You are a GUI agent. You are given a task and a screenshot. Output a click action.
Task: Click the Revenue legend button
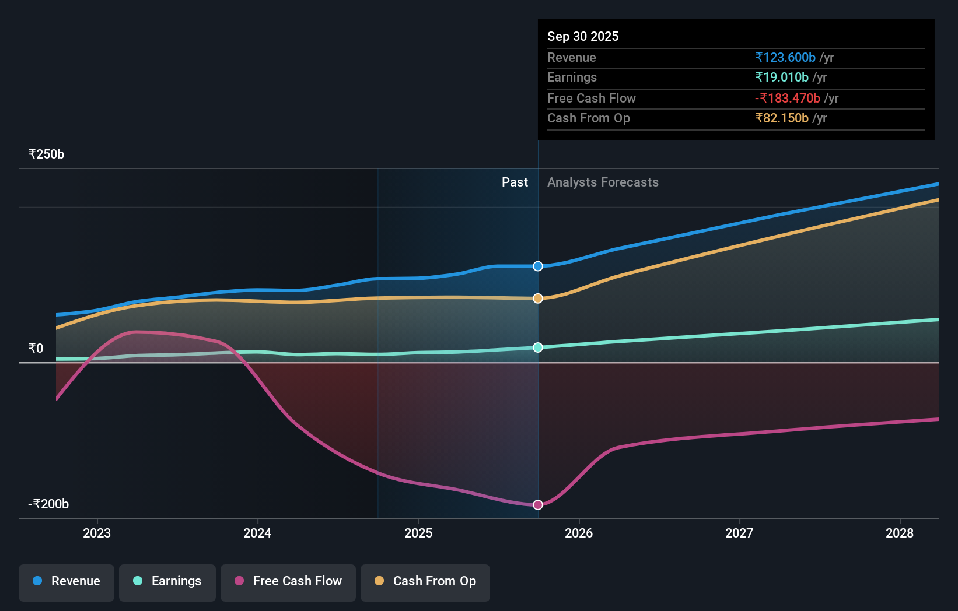pyautogui.click(x=67, y=582)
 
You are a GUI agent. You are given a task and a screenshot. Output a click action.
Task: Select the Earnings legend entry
pyautogui.click(x=167, y=582)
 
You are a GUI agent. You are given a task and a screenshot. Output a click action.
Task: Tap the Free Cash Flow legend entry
pyautogui.click(x=288, y=582)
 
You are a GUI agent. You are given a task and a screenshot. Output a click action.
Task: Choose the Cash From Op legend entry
pyautogui.click(x=425, y=582)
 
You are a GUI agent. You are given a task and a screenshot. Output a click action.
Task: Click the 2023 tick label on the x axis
pyautogui.click(x=97, y=533)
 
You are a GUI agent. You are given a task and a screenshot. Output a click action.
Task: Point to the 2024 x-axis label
pyautogui.click(x=257, y=533)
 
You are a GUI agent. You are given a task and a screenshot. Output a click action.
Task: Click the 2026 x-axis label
pyautogui.click(x=579, y=533)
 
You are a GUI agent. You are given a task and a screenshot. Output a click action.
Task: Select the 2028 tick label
pyautogui.click(x=900, y=533)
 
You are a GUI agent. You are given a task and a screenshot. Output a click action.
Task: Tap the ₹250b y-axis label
pyautogui.click(x=46, y=154)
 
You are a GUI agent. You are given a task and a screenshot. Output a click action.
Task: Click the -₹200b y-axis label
pyautogui.click(x=48, y=504)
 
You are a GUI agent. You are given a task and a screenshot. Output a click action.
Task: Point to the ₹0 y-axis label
pyautogui.click(x=36, y=349)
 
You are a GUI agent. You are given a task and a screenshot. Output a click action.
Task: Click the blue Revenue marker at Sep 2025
pyautogui.click(x=538, y=266)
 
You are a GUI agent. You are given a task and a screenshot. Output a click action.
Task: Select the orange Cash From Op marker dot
pyautogui.click(x=538, y=299)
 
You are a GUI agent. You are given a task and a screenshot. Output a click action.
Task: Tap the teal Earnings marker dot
pyautogui.click(x=538, y=347)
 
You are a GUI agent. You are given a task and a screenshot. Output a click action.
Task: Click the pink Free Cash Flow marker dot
pyautogui.click(x=538, y=505)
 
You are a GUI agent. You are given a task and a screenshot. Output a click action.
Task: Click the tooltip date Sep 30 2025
pyautogui.click(x=582, y=36)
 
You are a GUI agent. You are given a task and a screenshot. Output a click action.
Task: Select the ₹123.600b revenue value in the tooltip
pyautogui.click(x=785, y=57)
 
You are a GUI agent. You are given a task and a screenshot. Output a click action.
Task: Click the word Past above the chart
pyautogui.click(x=515, y=182)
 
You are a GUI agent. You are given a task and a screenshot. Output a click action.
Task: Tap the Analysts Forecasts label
pyautogui.click(x=603, y=182)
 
